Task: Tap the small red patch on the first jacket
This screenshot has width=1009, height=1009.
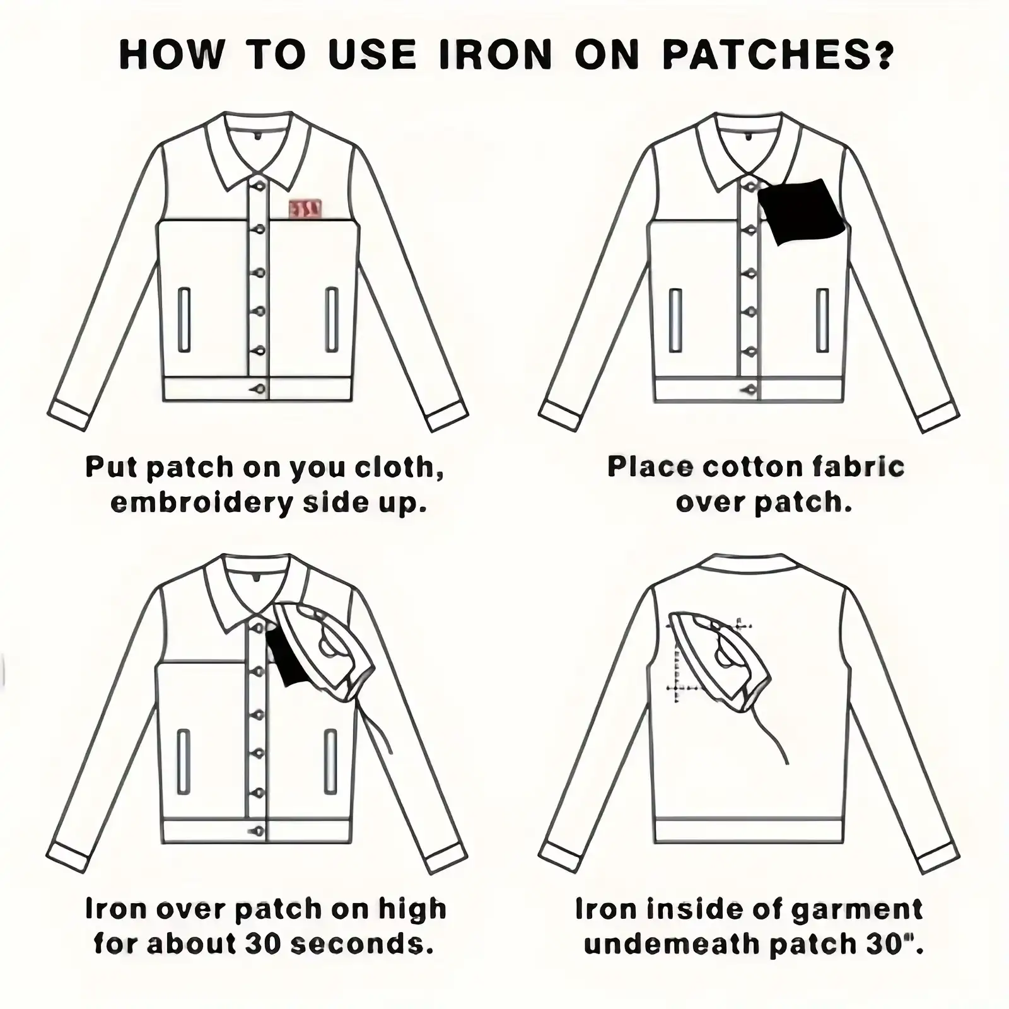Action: point(305,209)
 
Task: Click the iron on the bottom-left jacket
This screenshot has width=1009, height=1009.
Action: point(325,653)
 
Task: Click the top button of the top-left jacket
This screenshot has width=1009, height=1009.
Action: point(258,185)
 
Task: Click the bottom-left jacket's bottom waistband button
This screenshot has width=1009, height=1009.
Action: point(257,832)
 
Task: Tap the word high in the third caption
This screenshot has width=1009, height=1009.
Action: point(412,910)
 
